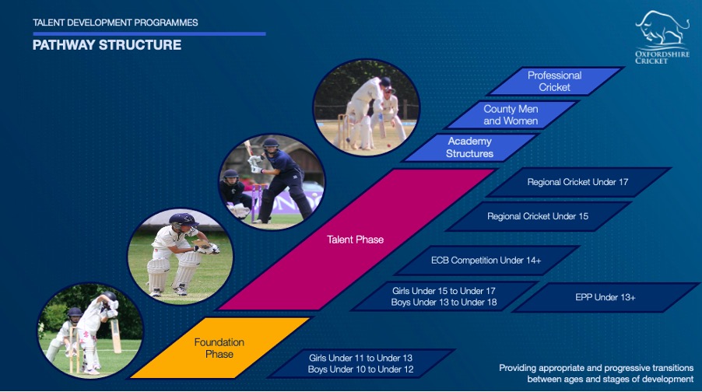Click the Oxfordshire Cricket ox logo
click(662, 37)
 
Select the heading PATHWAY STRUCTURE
click(107, 45)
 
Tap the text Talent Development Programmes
click(115, 23)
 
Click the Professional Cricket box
click(555, 82)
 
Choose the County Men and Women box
click(511, 115)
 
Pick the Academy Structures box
click(469, 147)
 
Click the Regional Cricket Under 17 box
click(578, 182)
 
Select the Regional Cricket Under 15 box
click(538, 216)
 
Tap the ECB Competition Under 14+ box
click(486, 261)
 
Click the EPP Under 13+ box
click(605, 297)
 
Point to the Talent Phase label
click(355, 240)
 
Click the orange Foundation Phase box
click(219, 348)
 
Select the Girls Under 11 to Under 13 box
click(361, 363)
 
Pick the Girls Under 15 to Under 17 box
click(444, 296)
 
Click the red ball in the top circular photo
click(388, 146)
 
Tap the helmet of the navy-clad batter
click(270, 144)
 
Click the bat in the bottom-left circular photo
click(115, 335)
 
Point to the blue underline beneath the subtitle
click(149, 33)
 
